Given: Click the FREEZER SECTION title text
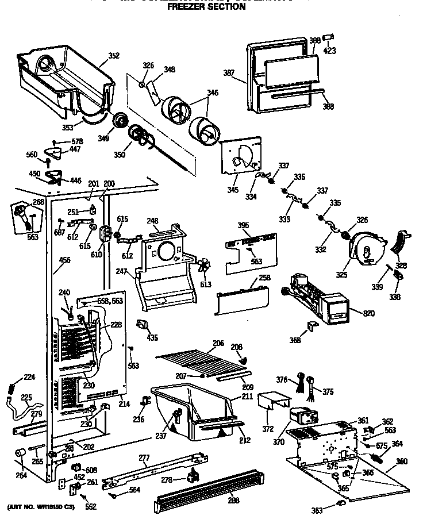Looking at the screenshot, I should click(206, 7).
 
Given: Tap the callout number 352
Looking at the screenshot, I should click(114, 56).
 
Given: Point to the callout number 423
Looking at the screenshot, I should click(329, 51).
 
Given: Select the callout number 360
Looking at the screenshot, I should click(402, 461).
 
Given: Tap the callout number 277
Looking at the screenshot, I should click(144, 457).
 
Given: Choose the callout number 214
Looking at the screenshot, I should click(124, 404).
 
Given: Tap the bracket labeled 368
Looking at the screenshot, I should click(313, 326).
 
